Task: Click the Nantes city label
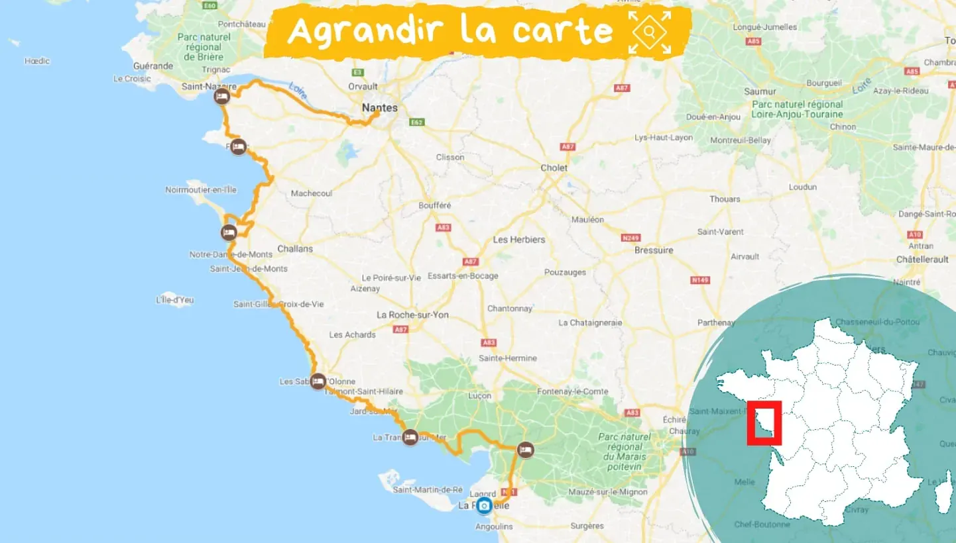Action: click(380, 107)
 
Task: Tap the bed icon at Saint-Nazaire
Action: click(221, 97)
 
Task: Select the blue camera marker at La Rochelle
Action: click(485, 506)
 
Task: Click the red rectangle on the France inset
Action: click(764, 422)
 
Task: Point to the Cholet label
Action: click(554, 168)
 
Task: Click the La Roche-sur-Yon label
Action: click(412, 315)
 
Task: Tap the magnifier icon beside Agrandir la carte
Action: click(650, 32)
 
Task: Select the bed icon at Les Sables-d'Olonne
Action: click(318, 381)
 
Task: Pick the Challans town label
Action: click(295, 249)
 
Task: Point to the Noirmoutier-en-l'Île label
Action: click(200, 190)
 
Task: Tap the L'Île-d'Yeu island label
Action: click(174, 300)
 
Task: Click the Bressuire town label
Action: click(654, 250)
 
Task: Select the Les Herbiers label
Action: click(519, 240)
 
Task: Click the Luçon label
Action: click(479, 396)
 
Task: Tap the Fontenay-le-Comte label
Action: click(573, 391)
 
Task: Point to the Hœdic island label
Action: click(37, 61)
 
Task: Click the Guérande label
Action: click(153, 66)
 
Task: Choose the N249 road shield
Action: click(630, 237)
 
